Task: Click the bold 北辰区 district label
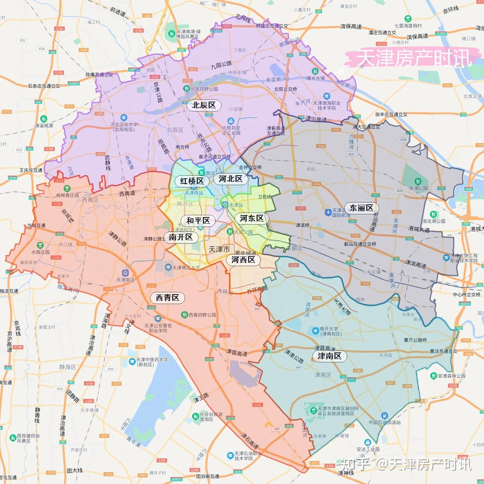click(204, 105)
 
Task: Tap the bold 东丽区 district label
click(361, 208)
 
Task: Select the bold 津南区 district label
click(329, 356)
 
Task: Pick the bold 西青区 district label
click(167, 298)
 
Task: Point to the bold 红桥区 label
click(192, 181)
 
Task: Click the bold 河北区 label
click(230, 179)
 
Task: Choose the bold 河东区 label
click(252, 219)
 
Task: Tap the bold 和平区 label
click(198, 221)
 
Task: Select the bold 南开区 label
click(181, 237)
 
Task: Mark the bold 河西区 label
click(243, 260)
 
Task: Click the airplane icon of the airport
click(328, 212)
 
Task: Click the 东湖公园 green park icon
click(417, 181)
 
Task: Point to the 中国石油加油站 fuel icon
click(384, 416)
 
